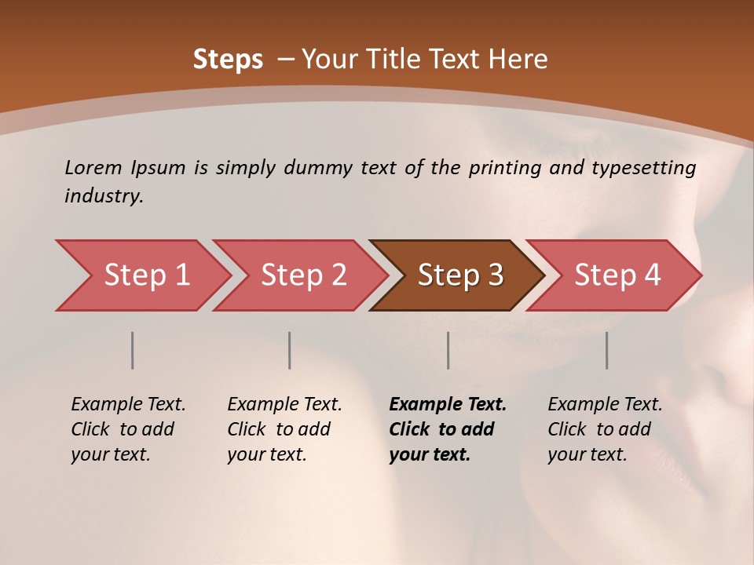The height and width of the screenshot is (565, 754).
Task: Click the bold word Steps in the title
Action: pos(228,60)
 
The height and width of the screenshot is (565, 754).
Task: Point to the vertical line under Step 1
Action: pos(132,350)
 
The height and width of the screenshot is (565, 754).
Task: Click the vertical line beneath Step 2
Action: pos(290,350)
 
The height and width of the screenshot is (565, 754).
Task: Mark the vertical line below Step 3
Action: pos(448,350)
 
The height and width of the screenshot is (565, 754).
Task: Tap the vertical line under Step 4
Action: pos(606,350)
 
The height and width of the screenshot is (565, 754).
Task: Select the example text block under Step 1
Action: pos(128,428)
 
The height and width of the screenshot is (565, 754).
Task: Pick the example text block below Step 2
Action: pos(284,428)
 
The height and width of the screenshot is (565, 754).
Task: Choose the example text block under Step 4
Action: pos(605,428)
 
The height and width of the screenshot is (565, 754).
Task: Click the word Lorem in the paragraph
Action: pos(93,168)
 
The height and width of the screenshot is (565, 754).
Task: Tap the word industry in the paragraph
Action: pos(103,196)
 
